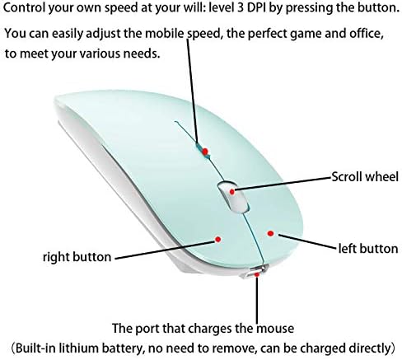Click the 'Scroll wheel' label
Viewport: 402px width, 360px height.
(x=365, y=176)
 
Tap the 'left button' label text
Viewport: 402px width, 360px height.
(x=368, y=249)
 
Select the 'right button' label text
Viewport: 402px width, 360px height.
(x=77, y=257)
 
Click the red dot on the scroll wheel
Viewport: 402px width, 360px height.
(x=232, y=192)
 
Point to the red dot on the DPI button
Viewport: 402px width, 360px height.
(x=205, y=152)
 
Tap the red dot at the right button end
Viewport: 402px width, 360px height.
(x=218, y=240)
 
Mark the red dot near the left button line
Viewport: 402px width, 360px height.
(x=271, y=233)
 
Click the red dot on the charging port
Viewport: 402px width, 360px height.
(x=257, y=274)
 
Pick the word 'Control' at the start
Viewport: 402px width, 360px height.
(x=24, y=8)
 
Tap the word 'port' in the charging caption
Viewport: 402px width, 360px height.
(x=147, y=329)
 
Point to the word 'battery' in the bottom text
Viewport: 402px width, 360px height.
(x=123, y=348)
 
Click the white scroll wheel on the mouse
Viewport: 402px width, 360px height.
(x=233, y=197)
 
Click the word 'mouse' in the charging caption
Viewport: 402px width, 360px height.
(x=275, y=329)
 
